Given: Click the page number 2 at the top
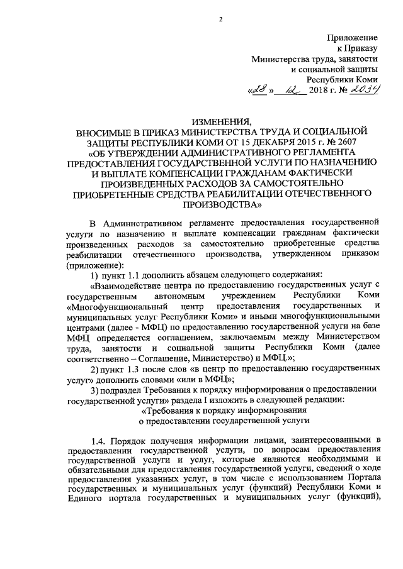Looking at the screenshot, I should pos(221,18).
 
